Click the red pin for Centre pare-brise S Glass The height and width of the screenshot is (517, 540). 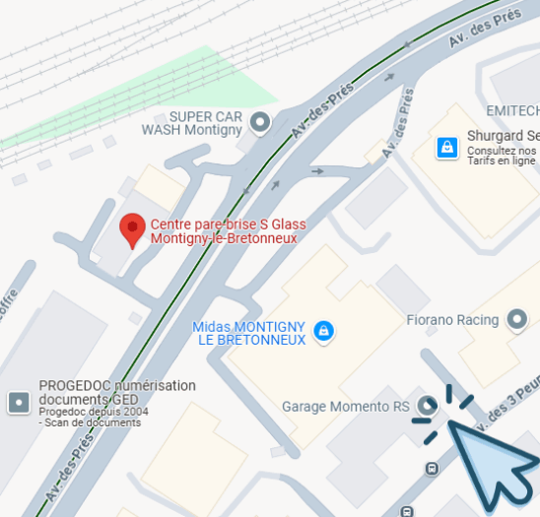[132, 229]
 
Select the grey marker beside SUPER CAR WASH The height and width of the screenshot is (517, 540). [260, 123]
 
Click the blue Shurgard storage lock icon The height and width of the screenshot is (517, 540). [447, 148]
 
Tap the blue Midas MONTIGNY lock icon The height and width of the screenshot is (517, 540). [323, 332]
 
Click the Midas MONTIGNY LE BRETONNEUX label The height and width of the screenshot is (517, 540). [250, 333]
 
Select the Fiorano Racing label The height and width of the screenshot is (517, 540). [453, 320]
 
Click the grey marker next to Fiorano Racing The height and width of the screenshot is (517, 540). [516, 320]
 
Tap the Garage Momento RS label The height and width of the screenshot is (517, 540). [345, 406]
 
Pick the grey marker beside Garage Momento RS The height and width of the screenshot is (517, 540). [427, 405]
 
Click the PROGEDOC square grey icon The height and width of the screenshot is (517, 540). [18, 402]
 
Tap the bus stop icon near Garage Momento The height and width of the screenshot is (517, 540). [432, 468]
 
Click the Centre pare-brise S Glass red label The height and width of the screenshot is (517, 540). [223, 230]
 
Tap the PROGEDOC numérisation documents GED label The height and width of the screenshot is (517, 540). [116, 392]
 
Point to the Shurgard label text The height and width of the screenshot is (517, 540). [503, 136]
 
